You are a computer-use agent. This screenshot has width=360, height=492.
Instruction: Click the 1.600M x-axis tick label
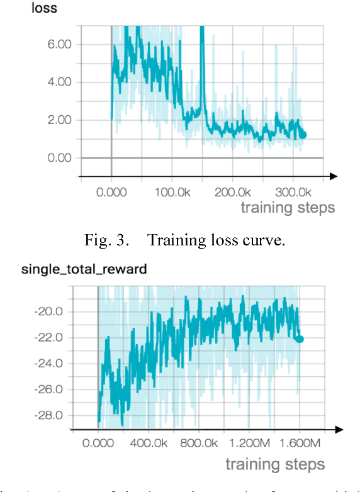coord(297,444)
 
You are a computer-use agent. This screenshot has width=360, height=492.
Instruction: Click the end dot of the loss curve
coord(303,135)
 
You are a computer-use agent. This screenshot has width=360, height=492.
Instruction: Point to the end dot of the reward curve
coord(300,339)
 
